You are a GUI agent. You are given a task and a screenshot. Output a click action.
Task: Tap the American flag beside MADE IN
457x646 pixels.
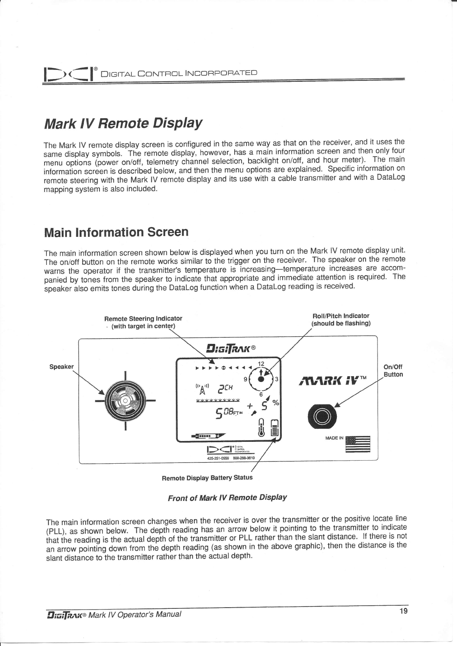point(358,444)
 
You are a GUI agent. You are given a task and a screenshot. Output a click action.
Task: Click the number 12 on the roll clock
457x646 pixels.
point(261,363)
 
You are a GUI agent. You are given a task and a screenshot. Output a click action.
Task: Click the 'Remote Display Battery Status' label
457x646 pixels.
point(207,478)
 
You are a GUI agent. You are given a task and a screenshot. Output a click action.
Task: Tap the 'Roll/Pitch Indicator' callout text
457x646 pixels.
point(341,316)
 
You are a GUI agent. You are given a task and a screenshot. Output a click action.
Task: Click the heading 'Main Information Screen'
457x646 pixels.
point(116,232)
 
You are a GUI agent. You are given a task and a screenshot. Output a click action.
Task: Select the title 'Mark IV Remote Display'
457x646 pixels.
point(123,124)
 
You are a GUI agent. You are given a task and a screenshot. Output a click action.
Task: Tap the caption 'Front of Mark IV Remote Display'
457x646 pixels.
point(227,497)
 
